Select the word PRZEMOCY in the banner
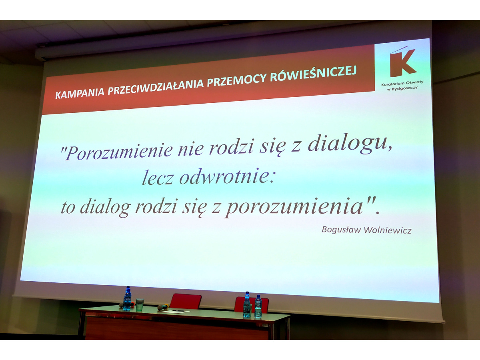pyautogui.click(x=237, y=78)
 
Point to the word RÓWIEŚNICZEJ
pyautogui.click(x=313, y=71)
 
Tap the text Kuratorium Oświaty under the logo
pyautogui.click(x=402, y=83)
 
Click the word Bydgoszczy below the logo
pyautogui.click(x=404, y=88)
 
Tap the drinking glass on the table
pyautogui.click(x=140, y=304)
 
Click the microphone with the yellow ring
pyautogui.click(x=163, y=307)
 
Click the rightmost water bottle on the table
pyautogui.click(x=258, y=306)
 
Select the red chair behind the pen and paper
pyautogui.click(x=186, y=301)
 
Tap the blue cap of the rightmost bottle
pyautogui.click(x=258, y=296)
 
